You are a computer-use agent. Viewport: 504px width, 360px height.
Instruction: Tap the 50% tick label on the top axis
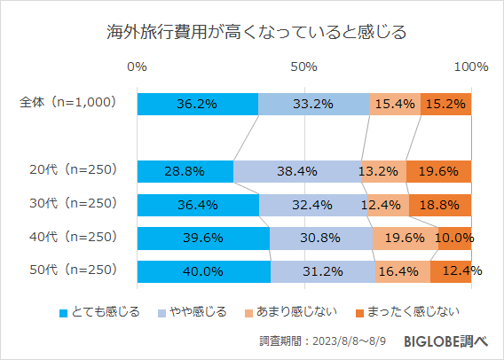pyautogui.click(x=304, y=67)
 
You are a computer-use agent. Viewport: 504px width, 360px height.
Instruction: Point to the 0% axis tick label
pyautogui.click(x=138, y=67)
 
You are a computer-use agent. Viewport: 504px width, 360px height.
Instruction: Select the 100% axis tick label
pyautogui.click(x=470, y=67)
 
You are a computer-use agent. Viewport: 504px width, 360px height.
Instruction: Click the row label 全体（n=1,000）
pyautogui.click(x=67, y=103)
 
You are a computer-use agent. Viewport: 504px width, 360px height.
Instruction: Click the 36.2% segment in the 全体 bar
pyautogui.click(x=198, y=104)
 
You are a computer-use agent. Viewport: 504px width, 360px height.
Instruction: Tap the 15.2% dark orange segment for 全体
pyautogui.click(x=446, y=104)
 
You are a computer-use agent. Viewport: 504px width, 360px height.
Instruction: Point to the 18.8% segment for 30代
pyautogui.click(x=440, y=205)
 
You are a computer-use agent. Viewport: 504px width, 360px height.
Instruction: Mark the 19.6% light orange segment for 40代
pyautogui.click(x=405, y=239)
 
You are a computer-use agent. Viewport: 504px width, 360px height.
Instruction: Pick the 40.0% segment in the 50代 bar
pyautogui.click(x=204, y=271)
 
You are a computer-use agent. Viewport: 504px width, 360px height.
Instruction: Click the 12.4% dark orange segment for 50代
pyautogui.click(x=451, y=271)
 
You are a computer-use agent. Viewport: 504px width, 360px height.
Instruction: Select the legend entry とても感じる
pyautogui.click(x=98, y=311)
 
